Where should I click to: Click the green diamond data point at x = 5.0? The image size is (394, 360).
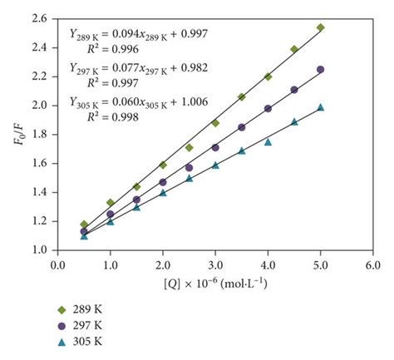coord(321,27)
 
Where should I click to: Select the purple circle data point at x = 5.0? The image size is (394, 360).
coord(321,70)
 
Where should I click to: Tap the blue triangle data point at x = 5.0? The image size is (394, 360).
coord(321,107)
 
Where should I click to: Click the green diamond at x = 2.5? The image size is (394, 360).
coord(190,147)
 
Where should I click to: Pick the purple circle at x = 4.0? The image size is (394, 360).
coord(268,108)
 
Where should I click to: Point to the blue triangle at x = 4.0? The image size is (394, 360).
coord(268,141)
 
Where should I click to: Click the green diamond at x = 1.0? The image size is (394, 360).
coord(111,202)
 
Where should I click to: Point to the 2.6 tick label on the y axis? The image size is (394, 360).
coord(41,19)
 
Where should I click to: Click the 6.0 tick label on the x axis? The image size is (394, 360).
coord(373,264)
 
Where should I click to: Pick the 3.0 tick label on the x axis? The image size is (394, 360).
coord(215,264)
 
